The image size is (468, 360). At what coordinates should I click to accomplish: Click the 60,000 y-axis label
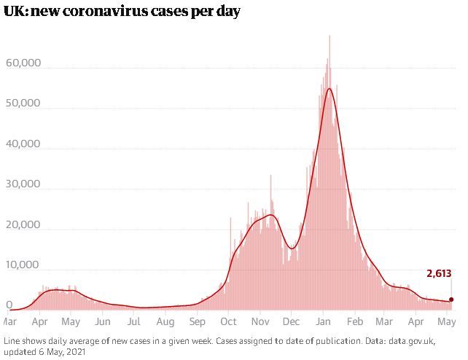pos(23,63)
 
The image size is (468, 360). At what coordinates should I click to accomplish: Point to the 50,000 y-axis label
pos(23,103)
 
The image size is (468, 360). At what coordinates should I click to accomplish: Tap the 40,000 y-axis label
pos(23,144)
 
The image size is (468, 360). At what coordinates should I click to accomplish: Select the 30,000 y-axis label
pos(23,184)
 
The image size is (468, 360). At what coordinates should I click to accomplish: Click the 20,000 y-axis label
pos(23,224)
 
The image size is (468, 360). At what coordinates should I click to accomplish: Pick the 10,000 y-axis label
pos(23,265)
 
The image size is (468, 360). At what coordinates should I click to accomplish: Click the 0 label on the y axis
pos(9,305)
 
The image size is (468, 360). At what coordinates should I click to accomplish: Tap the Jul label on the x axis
pos(133,321)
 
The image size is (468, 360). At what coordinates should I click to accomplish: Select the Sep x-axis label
pos(198,322)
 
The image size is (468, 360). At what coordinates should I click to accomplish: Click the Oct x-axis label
pos(228,321)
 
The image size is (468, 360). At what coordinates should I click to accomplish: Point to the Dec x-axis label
pos(291,321)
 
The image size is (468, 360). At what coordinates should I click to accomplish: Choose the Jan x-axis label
pos(323,321)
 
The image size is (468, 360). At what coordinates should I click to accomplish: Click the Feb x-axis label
pos(355,321)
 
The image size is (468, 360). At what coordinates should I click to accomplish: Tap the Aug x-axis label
pos(165,322)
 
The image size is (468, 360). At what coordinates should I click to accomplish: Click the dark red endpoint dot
pos(451,300)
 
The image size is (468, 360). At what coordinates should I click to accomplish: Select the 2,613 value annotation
pos(439,273)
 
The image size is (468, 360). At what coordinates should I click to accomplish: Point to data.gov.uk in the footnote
pos(411,341)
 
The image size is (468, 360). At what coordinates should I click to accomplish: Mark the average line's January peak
pos(329,89)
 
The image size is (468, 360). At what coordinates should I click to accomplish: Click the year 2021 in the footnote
pos(76,352)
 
